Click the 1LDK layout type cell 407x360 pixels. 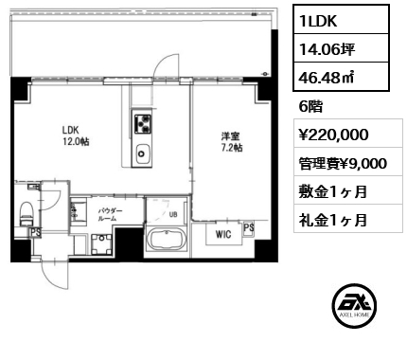coord(341,20)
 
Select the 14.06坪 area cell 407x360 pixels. coord(341,48)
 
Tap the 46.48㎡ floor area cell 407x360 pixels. coord(341,77)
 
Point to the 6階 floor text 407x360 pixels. coord(310,107)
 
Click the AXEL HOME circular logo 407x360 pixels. coord(354,306)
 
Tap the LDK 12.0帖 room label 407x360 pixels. coord(76,135)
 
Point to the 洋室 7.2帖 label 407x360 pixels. coord(232,142)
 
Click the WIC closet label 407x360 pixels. coord(223,234)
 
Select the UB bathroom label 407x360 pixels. coord(173,214)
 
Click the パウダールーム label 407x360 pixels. coord(110,214)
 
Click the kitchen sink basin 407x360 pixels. coord(143,153)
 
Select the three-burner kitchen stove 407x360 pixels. coord(143,123)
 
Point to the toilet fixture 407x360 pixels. coord(27,213)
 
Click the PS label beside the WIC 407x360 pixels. coord(249,227)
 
